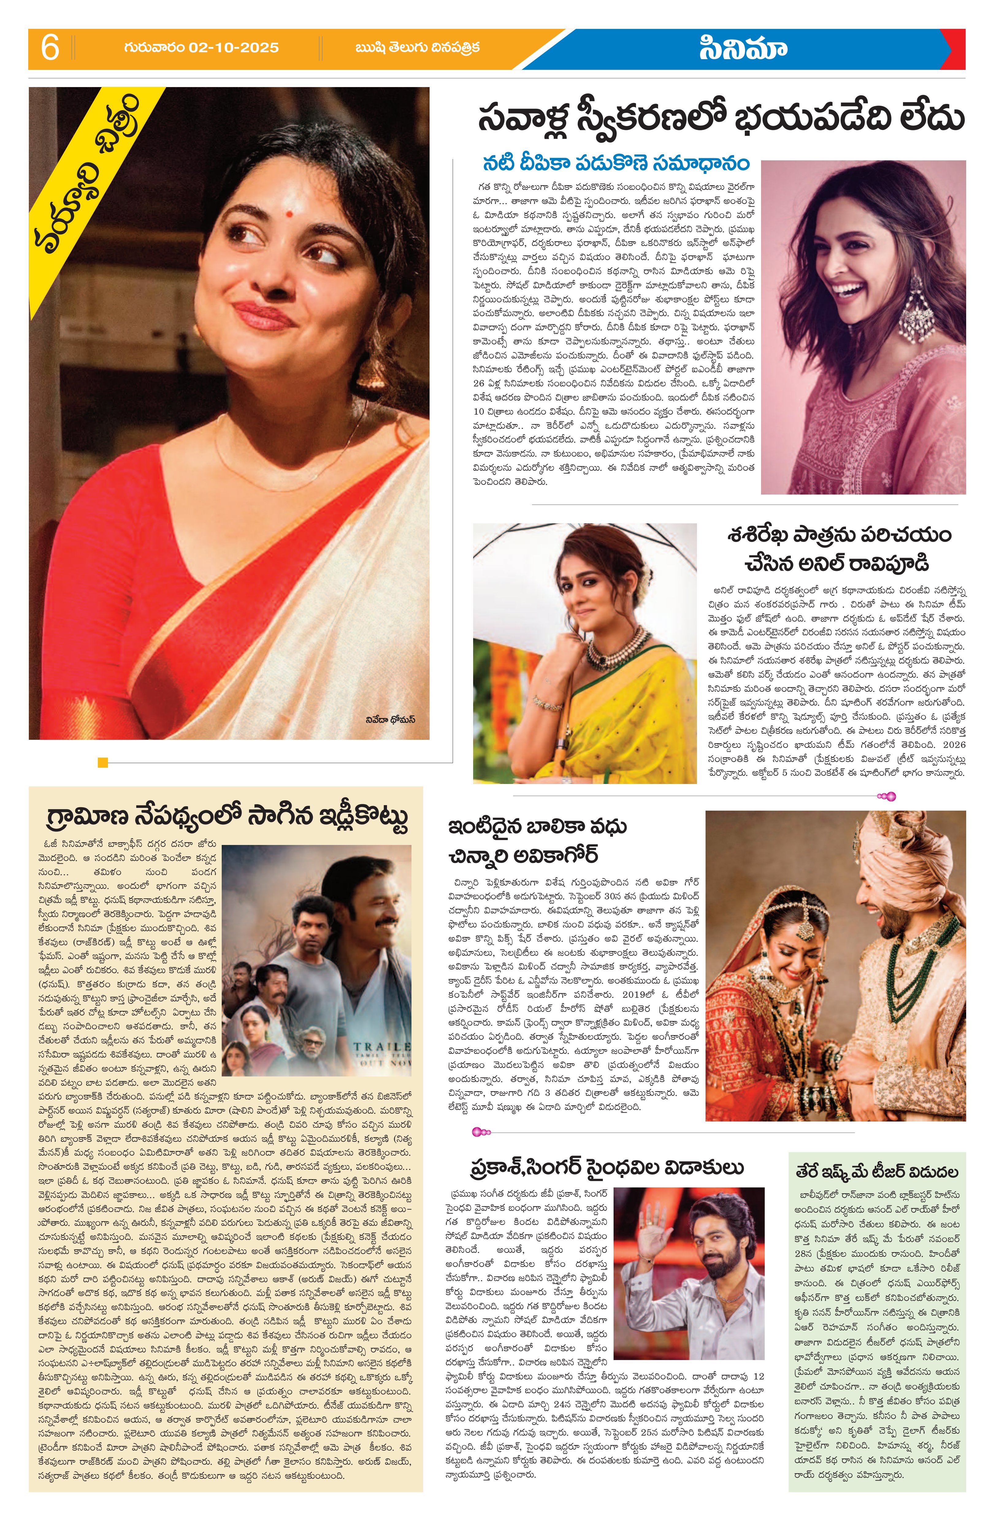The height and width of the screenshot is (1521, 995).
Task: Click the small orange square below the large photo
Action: click(x=102, y=762)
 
